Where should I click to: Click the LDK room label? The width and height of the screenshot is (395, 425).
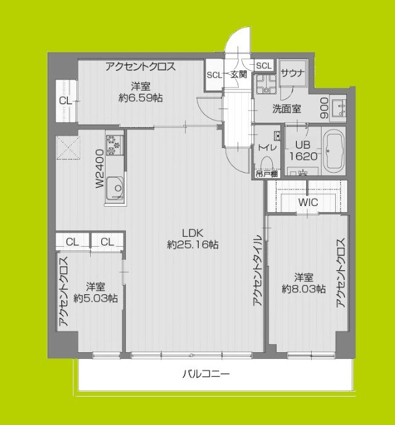[192, 233]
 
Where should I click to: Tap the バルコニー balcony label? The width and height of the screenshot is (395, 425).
[206, 374]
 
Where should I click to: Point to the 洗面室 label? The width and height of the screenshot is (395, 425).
[287, 109]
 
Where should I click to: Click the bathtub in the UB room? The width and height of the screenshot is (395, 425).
[336, 151]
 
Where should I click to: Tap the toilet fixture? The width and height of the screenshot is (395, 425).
[267, 162]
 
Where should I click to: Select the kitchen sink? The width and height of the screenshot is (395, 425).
[114, 187]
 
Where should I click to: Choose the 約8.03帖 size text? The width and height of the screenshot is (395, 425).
[304, 289]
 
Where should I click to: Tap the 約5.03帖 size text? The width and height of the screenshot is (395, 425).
[96, 299]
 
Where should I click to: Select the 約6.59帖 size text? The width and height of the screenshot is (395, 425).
[141, 97]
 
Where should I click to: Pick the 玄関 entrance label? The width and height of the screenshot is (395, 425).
[239, 75]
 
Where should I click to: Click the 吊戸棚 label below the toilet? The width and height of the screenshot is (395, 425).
[266, 174]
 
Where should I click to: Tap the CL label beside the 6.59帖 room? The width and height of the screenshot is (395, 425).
[65, 101]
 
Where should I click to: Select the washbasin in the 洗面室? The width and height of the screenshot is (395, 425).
[339, 109]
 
